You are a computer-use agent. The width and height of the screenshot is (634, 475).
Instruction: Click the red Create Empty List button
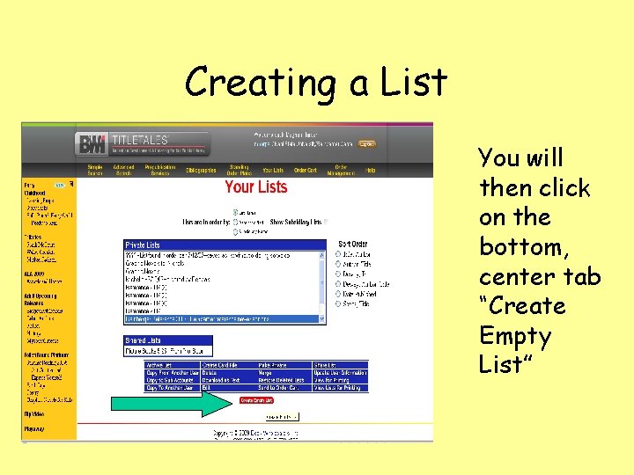[256, 399]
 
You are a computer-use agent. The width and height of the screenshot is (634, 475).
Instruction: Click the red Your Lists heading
[255, 186]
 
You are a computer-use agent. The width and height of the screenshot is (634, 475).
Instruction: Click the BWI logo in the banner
[91, 144]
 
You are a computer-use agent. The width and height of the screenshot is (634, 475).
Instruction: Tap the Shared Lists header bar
[168, 340]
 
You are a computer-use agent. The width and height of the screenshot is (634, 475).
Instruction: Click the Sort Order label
[353, 244]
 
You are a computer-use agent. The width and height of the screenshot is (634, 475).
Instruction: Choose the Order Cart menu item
[305, 170]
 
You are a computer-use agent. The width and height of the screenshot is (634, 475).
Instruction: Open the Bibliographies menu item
[201, 170]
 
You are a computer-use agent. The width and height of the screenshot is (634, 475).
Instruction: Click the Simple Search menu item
[95, 170]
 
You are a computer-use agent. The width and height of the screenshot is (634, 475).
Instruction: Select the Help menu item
[371, 170]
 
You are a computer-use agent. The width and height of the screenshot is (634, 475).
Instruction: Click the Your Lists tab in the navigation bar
[273, 170]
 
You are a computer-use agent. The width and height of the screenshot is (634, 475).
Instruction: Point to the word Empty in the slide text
[515, 336]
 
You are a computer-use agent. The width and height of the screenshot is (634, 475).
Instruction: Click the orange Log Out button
[366, 143]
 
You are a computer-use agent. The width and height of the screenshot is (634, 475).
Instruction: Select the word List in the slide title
[414, 83]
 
